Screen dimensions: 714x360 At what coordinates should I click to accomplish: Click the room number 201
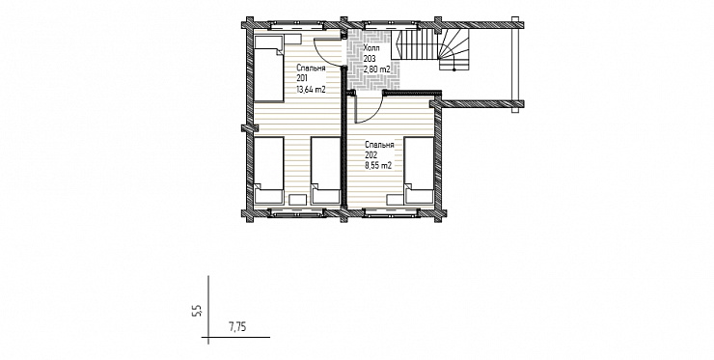point(301,78)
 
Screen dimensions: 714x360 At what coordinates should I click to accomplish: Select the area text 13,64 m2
point(311,90)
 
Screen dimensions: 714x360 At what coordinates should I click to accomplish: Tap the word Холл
point(371,48)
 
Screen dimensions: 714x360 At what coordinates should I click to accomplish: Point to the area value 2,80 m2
point(377,69)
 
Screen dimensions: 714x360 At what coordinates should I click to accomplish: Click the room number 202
point(371,155)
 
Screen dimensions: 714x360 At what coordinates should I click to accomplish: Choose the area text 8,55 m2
point(378,166)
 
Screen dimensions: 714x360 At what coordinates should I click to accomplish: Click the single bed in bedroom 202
point(419,171)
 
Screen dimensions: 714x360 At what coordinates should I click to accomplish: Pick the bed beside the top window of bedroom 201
point(268,69)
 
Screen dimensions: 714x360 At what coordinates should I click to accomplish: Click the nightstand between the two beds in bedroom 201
point(298,199)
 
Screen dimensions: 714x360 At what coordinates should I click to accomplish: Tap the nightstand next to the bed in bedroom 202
point(395,199)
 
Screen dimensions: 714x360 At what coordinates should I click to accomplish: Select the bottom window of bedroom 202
point(391,212)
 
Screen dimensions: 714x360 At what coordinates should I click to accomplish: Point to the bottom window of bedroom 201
point(296,212)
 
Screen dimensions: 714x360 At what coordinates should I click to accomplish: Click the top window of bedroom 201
point(296,24)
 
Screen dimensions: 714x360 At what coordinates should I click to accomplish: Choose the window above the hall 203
point(391,24)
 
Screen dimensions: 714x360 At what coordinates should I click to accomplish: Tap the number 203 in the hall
point(370,59)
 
